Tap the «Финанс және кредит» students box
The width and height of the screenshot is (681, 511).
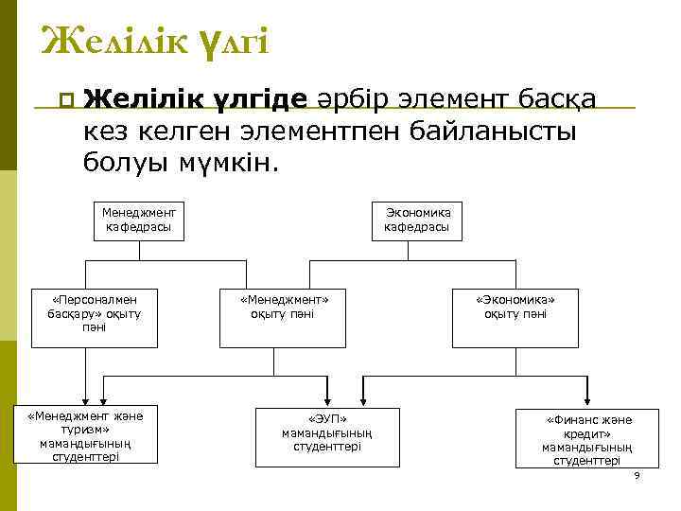586,438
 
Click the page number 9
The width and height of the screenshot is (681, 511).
637,475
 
